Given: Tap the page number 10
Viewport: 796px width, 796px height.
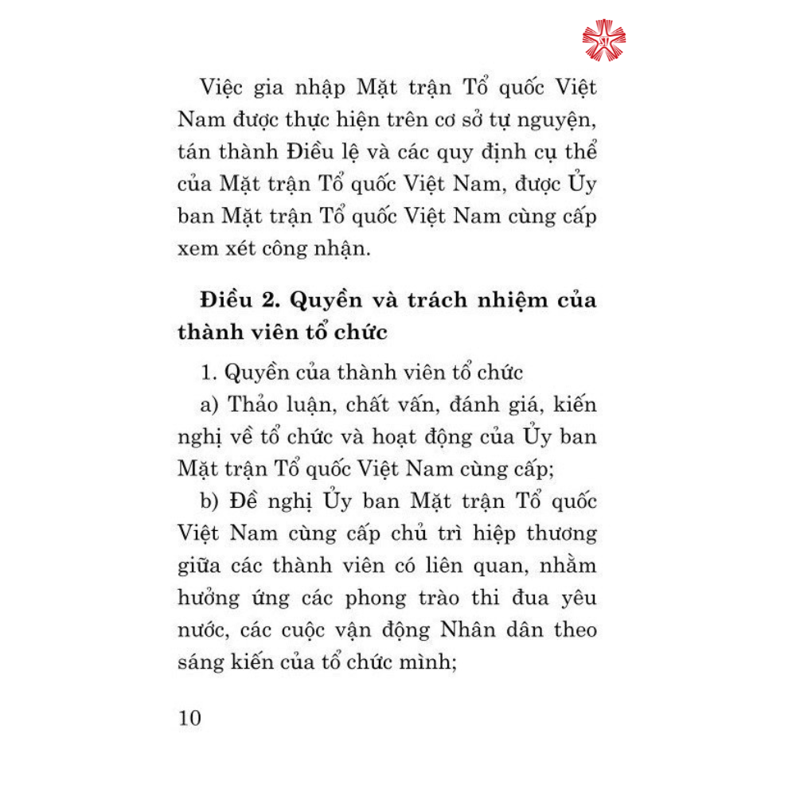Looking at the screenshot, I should pyautogui.click(x=191, y=717).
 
